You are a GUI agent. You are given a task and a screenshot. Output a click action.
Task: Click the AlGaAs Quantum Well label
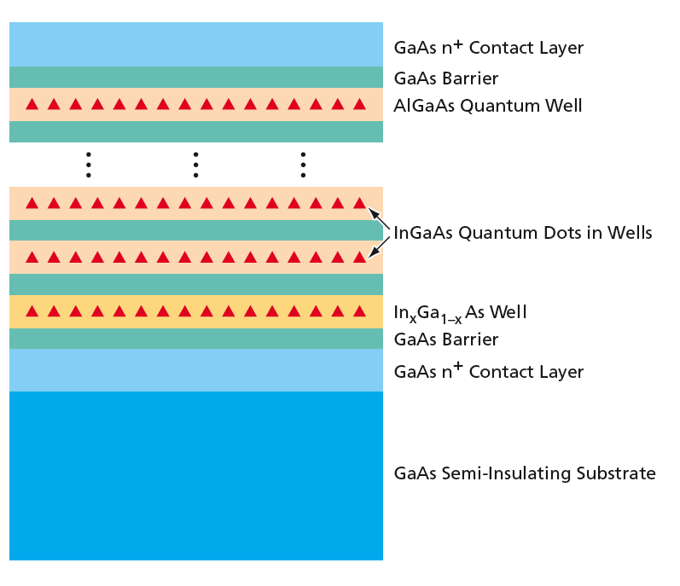click(487, 106)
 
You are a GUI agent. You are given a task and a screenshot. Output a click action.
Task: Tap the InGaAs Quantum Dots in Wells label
click(522, 233)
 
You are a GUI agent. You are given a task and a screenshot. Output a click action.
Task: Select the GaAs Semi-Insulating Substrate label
click(525, 473)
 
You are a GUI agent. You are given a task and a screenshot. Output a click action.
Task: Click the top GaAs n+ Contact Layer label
click(488, 47)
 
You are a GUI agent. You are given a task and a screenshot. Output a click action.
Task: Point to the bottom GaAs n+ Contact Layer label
click(488, 371)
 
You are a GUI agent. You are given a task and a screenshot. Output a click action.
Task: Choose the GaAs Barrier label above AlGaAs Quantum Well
click(446, 78)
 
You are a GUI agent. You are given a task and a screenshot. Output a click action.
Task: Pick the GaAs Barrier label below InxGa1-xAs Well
click(446, 339)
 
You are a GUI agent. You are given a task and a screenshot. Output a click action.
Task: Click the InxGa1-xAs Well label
click(460, 313)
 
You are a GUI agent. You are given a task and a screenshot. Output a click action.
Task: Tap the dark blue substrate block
click(196, 475)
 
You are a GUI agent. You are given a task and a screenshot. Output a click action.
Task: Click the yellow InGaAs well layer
click(196, 311)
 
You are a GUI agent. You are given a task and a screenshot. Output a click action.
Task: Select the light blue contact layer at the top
click(196, 44)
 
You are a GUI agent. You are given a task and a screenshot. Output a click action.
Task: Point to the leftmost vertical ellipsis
click(89, 165)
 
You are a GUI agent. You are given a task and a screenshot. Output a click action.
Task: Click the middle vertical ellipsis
click(196, 165)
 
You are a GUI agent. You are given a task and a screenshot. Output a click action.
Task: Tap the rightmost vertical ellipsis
click(303, 165)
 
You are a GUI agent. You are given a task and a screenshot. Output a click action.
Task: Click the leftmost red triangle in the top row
click(32, 104)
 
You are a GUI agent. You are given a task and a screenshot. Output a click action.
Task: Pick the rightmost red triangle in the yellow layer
click(359, 311)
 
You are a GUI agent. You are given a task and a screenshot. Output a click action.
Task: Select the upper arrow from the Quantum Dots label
click(379, 219)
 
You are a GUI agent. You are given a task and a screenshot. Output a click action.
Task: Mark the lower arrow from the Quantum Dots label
click(379, 247)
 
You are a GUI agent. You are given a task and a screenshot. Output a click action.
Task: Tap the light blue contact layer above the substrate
click(196, 370)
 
